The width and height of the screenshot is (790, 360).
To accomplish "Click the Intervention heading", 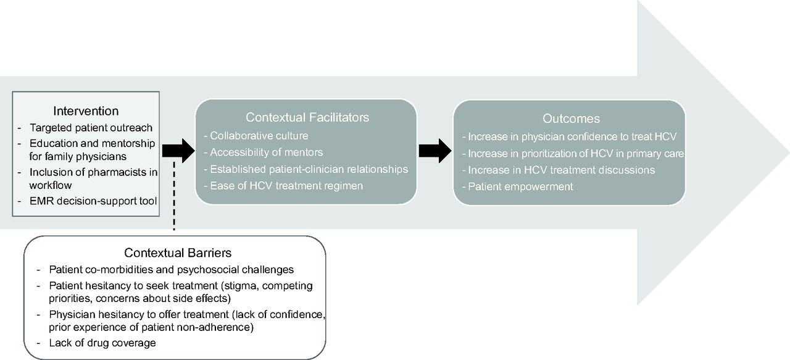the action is click(x=86, y=111).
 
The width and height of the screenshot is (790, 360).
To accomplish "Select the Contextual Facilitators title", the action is click(x=307, y=117).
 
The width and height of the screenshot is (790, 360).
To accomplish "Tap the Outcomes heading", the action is click(x=571, y=118).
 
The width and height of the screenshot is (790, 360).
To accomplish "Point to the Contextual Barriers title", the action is click(x=178, y=253).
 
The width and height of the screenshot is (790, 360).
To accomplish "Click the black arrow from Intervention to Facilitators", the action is click(x=178, y=151).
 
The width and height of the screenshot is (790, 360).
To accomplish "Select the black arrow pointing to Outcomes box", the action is click(x=435, y=151).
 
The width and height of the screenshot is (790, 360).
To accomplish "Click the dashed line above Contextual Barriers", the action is click(x=174, y=196).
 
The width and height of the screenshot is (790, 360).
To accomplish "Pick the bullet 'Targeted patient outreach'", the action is click(x=91, y=127).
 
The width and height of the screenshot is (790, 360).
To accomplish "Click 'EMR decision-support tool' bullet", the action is click(x=93, y=201).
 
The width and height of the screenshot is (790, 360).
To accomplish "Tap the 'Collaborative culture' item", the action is click(x=259, y=135).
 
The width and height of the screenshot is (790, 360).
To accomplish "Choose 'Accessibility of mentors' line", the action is click(x=267, y=152).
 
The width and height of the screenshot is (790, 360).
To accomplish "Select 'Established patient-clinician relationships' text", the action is click(x=309, y=169).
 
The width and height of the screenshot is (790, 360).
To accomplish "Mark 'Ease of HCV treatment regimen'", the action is click(x=286, y=186).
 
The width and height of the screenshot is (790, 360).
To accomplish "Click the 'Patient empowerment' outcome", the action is click(x=520, y=186).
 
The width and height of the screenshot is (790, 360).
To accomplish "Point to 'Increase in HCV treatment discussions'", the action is click(x=562, y=170).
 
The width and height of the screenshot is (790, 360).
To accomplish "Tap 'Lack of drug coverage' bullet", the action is click(x=102, y=343).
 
